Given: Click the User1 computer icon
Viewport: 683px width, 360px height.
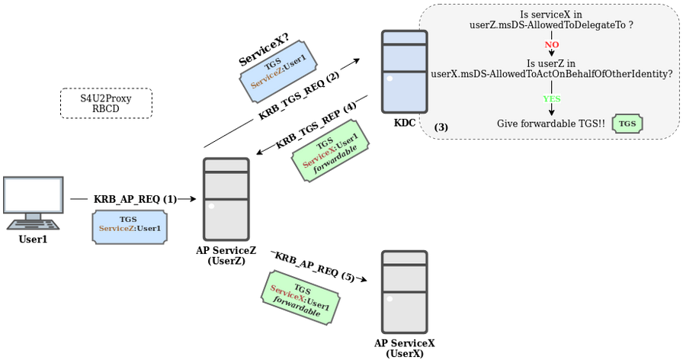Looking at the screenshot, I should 32,202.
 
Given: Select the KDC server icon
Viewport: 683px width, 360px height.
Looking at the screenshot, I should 404,72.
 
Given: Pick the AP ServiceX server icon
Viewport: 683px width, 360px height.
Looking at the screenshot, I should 404,291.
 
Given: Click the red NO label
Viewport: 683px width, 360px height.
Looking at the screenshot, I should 551,45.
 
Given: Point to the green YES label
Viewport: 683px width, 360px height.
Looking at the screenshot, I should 551,99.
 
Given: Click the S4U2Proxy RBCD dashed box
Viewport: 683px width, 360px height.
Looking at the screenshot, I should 106,103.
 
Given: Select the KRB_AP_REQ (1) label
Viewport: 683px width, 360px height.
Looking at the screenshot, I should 135,199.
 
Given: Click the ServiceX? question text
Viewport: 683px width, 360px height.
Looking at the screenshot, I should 263,50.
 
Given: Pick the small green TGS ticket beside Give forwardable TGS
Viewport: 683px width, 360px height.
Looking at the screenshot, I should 627,124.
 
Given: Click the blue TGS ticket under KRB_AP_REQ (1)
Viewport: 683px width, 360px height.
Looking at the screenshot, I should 130,227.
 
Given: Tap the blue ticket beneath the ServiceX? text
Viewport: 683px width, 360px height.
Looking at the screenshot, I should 278,71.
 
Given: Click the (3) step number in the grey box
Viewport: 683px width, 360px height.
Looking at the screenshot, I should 441,127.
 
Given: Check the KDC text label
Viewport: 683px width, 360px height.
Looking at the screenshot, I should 405,123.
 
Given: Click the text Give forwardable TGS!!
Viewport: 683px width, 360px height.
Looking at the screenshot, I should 550,124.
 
